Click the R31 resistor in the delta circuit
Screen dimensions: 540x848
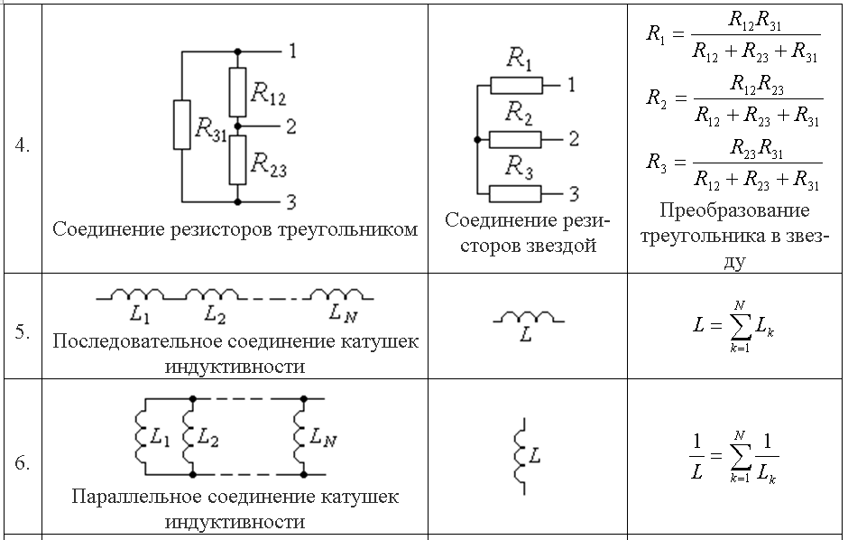point(181,125)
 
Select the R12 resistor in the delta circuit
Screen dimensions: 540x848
point(236,90)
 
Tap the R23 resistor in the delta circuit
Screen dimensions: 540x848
point(236,159)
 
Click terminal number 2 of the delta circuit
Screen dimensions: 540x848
point(290,126)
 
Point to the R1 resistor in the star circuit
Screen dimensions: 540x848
point(516,86)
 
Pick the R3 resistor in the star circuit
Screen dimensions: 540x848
point(516,192)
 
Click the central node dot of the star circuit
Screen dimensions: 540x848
point(475,139)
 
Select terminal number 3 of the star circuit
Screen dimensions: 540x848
point(574,192)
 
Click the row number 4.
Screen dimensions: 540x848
point(22,145)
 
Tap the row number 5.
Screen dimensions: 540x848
point(22,331)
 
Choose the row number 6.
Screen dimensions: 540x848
point(22,463)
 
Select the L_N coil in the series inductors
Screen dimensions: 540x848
point(336,294)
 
